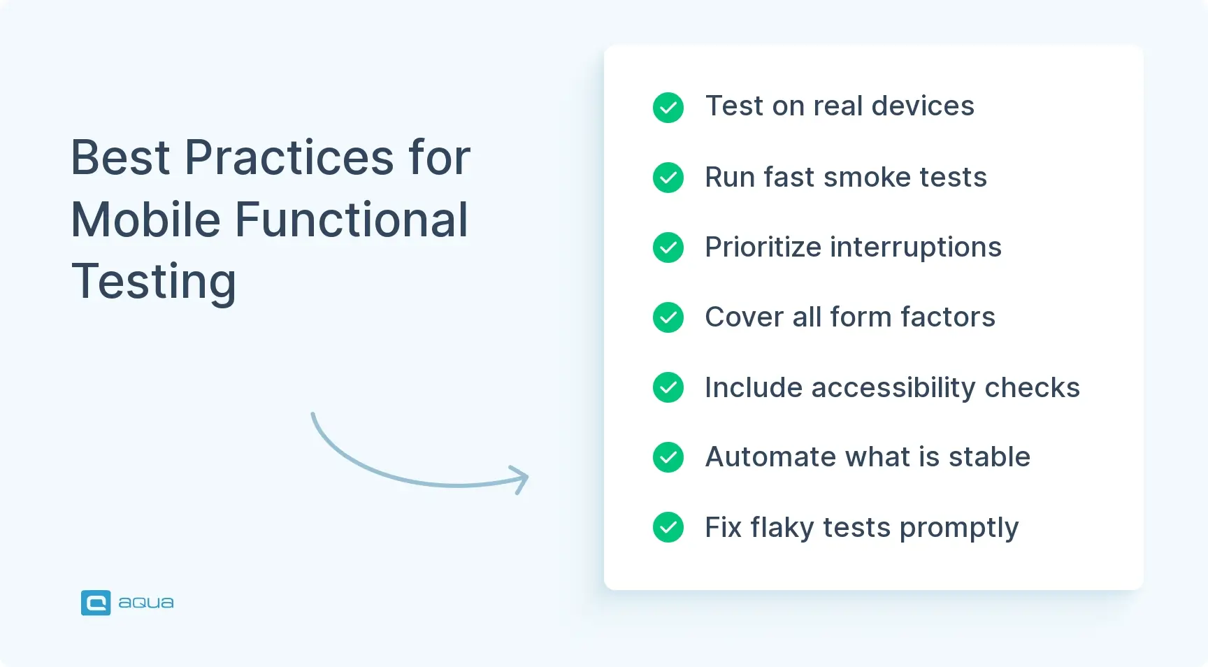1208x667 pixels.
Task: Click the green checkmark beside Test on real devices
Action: (x=668, y=108)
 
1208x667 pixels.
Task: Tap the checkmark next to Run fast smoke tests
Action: (x=668, y=178)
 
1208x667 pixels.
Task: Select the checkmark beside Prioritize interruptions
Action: (x=668, y=248)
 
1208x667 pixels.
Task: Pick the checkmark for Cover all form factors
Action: (x=668, y=317)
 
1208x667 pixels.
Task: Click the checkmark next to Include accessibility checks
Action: (x=668, y=387)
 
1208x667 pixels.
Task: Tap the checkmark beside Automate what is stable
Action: (x=668, y=457)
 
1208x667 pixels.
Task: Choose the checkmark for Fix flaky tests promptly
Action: (x=668, y=527)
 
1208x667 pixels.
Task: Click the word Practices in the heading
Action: (x=289, y=158)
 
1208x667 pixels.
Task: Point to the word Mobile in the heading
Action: (x=146, y=220)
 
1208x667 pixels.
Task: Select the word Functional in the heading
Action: (x=351, y=220)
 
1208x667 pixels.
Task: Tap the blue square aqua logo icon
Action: (x=96, y=603)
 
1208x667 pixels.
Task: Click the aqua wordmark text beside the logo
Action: (x=146, y=603)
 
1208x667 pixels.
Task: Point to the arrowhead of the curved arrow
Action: (x=521, y=479)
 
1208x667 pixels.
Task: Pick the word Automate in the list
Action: (x=770, y=457)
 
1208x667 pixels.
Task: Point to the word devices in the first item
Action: (x=923, y=106)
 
